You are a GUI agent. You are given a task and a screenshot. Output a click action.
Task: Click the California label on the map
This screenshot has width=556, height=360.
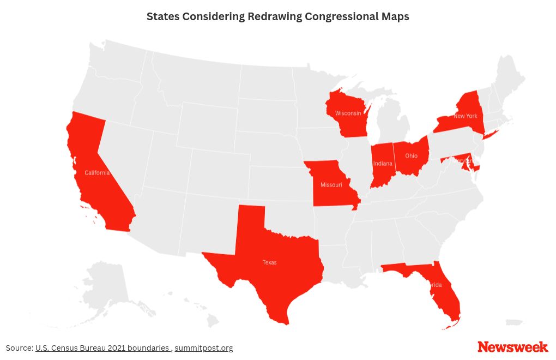[97, 173]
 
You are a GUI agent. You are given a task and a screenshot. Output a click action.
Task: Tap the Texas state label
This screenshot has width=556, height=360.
[269, 262]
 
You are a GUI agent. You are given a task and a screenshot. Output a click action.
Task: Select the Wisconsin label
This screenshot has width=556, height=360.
[348, 113]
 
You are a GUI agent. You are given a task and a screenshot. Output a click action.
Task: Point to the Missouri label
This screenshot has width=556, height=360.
[331, 185]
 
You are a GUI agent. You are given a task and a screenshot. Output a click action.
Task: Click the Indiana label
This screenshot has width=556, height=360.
[382, 164]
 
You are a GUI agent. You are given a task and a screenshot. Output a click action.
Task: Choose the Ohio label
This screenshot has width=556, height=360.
[411, 156]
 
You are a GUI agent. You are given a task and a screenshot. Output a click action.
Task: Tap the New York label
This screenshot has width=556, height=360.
[465, 116]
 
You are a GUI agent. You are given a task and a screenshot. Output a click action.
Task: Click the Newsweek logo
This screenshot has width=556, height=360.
[512, 347]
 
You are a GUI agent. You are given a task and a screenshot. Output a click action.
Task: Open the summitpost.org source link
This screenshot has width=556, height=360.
[204, 348]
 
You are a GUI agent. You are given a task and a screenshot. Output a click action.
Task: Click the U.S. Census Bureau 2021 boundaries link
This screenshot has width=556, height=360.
[102, 348]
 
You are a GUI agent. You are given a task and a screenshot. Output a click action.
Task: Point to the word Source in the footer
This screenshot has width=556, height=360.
[19, 348]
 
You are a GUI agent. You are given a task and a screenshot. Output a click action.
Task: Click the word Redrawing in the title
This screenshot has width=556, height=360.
[275, 16]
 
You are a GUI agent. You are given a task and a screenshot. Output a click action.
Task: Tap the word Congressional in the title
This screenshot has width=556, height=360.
[339, 16]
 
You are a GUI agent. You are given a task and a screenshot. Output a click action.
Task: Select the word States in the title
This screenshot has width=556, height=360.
[162, 16]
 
